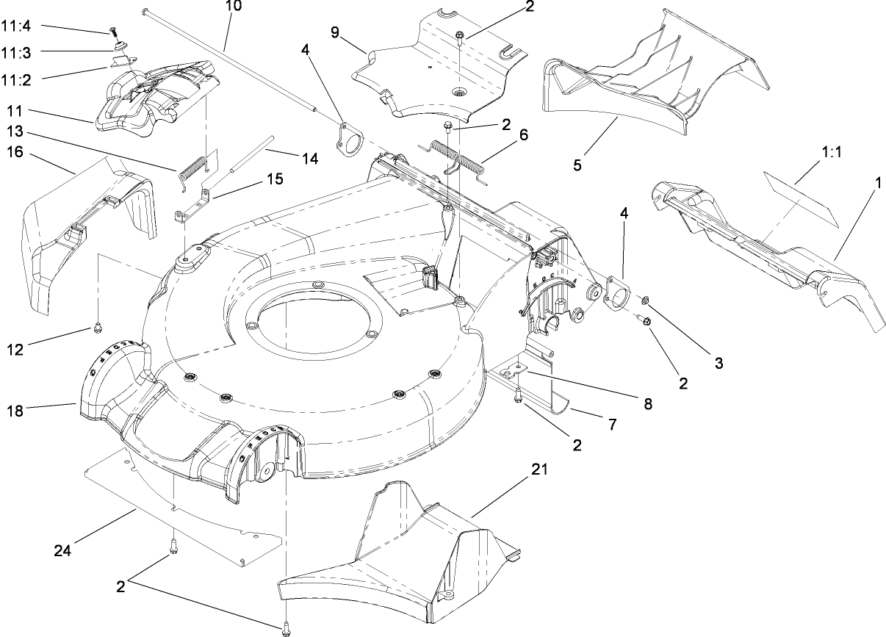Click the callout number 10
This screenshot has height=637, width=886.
(233, 7)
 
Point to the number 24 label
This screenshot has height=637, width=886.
(63, 549)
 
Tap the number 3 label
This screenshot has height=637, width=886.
(718, 362)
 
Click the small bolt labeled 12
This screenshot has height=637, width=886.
(96, 328)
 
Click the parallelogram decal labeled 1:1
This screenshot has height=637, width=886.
(802, 192)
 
